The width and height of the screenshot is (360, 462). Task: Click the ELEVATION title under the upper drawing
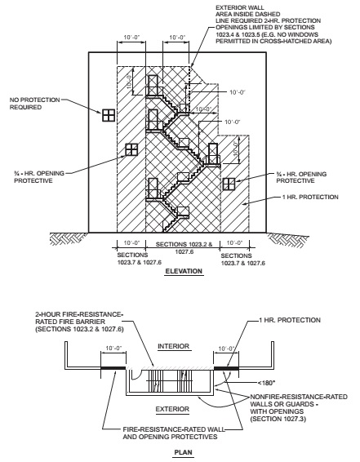pos(184,271)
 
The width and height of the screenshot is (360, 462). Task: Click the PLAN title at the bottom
pos(183,452)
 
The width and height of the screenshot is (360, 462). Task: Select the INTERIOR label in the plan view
pos(173,346)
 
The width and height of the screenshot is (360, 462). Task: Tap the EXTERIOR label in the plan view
pos(172,409)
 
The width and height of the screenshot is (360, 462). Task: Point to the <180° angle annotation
pos(266,383)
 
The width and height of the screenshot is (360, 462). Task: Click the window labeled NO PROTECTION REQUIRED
pos(109,115)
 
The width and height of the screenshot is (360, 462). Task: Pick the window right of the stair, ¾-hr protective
pos(229,184)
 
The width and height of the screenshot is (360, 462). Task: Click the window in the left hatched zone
pos(131,149)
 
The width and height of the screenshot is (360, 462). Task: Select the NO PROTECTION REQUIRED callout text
pos(35,104)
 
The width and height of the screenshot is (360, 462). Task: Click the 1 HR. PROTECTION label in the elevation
pos(310,197)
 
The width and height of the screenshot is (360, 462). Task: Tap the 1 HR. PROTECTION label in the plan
pos(290,320)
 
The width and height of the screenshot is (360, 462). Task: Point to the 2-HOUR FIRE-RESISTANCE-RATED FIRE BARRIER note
pos(79,322)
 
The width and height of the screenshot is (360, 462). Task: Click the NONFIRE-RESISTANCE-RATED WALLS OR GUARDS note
pos(299,408)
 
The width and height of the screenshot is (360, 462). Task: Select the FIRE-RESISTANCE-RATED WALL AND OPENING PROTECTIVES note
pos(174,433)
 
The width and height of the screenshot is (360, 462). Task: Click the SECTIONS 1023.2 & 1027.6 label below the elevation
pos(184,248)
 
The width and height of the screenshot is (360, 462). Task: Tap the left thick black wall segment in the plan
pos(113,368)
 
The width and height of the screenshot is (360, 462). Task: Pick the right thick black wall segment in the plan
pos(226,368)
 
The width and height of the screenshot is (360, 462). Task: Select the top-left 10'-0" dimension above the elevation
pos(131,38)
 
